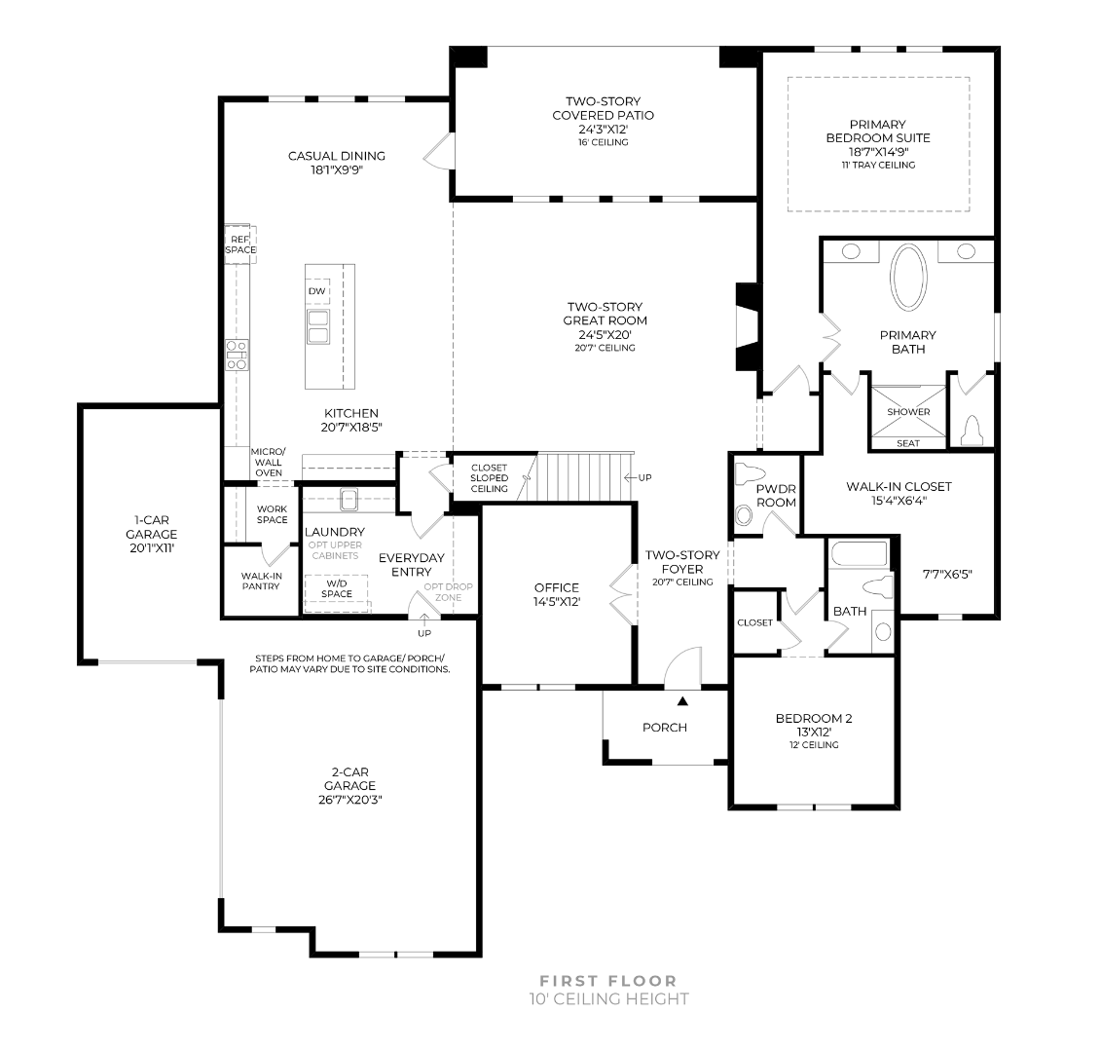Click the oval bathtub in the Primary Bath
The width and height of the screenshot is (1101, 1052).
click(x=908, y=277)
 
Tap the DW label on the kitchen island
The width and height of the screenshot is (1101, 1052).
click(x=316, y=291)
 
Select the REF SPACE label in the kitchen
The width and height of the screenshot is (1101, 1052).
click(x=240, y=244)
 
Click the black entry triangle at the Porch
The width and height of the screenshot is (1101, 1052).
click(x=682, y=700)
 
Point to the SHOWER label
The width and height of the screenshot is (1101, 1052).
click(x=908, y=412)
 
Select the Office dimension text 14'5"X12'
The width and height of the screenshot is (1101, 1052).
click(x=557, y=602)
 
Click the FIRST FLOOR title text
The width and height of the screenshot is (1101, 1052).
click(x=608, y=980)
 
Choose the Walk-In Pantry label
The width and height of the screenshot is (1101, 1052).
click(x=261, y=581)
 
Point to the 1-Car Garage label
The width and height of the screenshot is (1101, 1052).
click(x=152, y=534)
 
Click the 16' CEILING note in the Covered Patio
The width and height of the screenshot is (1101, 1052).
click(x=604, y=142)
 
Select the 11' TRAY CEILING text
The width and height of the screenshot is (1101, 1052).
click(x=878, y=166)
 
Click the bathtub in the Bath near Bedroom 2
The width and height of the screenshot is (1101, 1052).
click(x=860, y=553)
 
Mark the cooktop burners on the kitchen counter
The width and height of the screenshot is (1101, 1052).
click(x=237, y=355)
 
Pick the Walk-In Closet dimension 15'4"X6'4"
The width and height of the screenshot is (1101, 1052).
click(x=899, y=501)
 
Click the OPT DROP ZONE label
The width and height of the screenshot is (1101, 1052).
click(x=448, y=592)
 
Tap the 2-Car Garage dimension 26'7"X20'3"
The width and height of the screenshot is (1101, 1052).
click(x=349, y=800)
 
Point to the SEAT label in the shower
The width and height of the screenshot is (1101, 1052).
click(x=908, y=443)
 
